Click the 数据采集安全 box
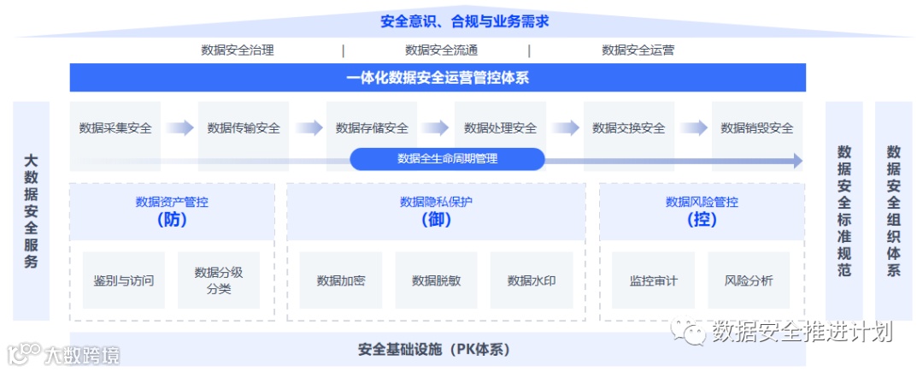click(115, 128)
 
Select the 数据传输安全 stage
click(244, 128)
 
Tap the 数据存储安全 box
click(372, 128)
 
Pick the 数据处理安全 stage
click(500, 128)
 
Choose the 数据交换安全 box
click(628, 128)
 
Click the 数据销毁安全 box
click(756, 128)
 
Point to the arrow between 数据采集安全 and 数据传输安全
click(179, 128)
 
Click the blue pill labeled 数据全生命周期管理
click(447, 159)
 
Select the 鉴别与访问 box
click(124, 280)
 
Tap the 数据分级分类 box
click(219, 280)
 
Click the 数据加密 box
click(340, 280)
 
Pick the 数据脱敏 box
click(436, 280)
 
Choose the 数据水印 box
click(532, 280)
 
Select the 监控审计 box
click(653, 280)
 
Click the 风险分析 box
click(749, 280)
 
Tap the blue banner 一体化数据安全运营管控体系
click(438, 78)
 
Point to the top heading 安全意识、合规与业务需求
click(464, 21)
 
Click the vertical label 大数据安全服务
click(32, 210)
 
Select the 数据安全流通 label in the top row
click(441, 50)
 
